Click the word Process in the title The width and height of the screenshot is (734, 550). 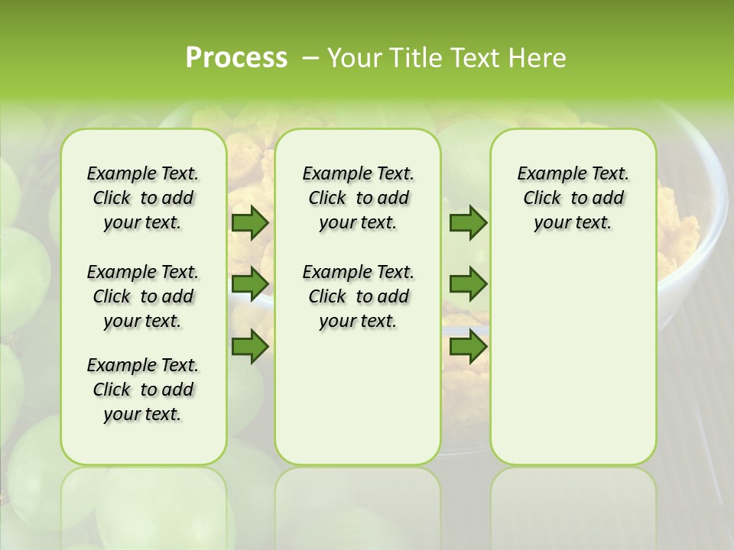click(x=236, y=58)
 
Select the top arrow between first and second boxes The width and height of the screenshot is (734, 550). click(x=249, y=223)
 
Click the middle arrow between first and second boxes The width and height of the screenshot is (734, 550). click(x=249, y=283)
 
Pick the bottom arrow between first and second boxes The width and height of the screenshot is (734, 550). click(x=249, y=347)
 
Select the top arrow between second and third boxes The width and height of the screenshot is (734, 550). click(x=468, y=223)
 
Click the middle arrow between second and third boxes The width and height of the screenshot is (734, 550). click(x=468, y=283)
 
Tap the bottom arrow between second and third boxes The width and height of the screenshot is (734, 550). click(x=468, y=347)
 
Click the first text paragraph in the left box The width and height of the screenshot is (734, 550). click(x=143, y=198)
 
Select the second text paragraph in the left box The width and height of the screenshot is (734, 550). click(x=143, y=296)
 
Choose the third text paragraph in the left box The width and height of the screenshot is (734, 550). click(x=143, y=390)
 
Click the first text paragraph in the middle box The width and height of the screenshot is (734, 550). click(x=358, y=198)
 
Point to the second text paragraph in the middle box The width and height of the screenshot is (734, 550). click(x=358, y=296)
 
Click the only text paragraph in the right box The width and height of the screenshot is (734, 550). click(x=573, y=198)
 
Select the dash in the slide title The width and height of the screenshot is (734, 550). click(x=310, y=58)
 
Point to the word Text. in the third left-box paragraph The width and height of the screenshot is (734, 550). click(x=180, y=365)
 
